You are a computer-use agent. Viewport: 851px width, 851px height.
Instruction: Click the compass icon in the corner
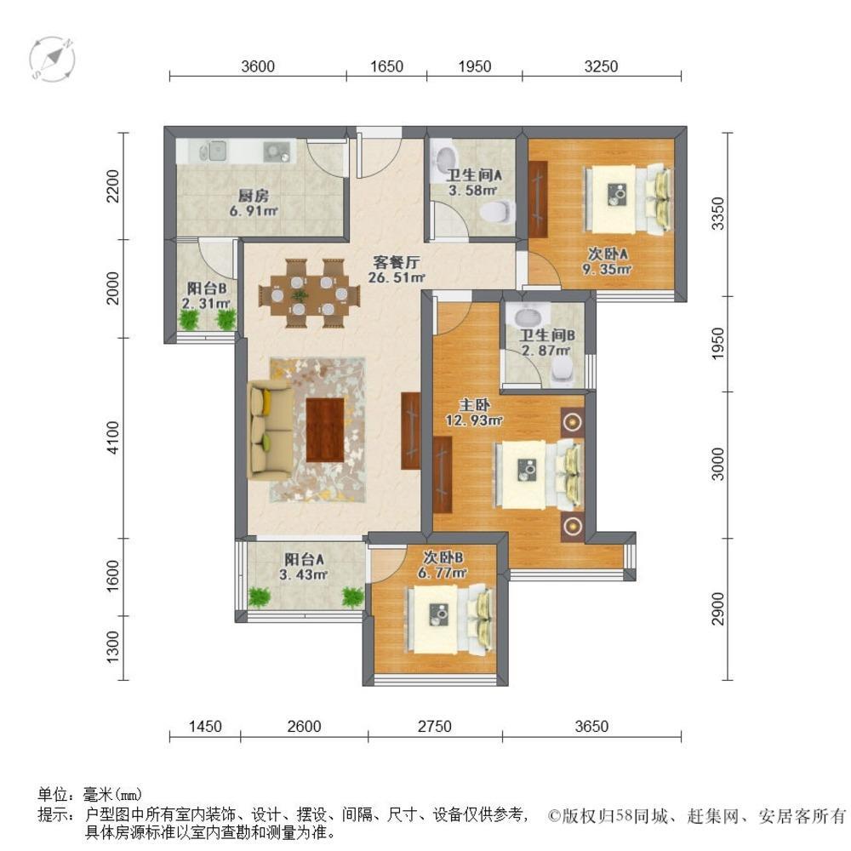pyautogui.click(x=52, y=59)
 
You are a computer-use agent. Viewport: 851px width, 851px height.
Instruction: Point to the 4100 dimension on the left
pyautogui.click(x=123, y=437)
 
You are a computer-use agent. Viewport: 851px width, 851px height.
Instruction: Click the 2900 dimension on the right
pyautogui.click(x=719, y=608)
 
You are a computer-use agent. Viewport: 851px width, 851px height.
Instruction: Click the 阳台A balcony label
pyautogui.click(x=304, y=559)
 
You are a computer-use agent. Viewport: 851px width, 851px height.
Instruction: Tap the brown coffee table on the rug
pyautogui.click(x=325, y=429)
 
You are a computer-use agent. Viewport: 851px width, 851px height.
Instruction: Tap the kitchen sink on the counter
pyautogui.click(x=215, y=151)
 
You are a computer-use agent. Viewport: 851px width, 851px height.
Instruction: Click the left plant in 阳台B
pyautogui.click(x=189, y=318)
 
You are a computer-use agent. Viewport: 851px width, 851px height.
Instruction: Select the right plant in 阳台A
pyautogui.click(x=352, y=597)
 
